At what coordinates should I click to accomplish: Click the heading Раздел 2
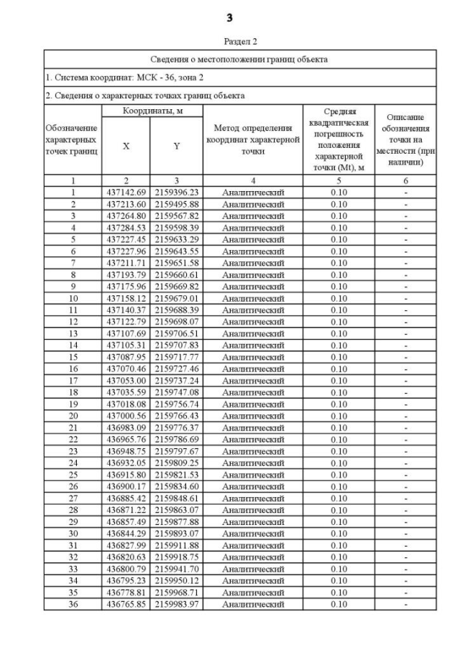[x=230, y=42]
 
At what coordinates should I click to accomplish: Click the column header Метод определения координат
[x=252, y=140]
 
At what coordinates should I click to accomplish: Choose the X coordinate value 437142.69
[x=126, y=192]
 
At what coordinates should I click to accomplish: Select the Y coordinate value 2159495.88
[x=177, y=204]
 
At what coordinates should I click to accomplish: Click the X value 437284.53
[x=126, y=228]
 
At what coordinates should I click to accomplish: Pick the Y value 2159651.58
[x=177, y=263]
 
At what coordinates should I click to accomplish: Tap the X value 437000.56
[x=126, y=416]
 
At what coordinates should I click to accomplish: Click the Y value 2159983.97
[x=177, y=604]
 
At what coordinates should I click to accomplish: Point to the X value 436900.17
[x=126, y=486]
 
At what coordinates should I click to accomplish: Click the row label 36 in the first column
[x=73, y=604]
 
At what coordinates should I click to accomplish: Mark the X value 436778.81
[x=126, y=593]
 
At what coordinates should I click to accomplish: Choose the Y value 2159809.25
[x=177, y=463]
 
